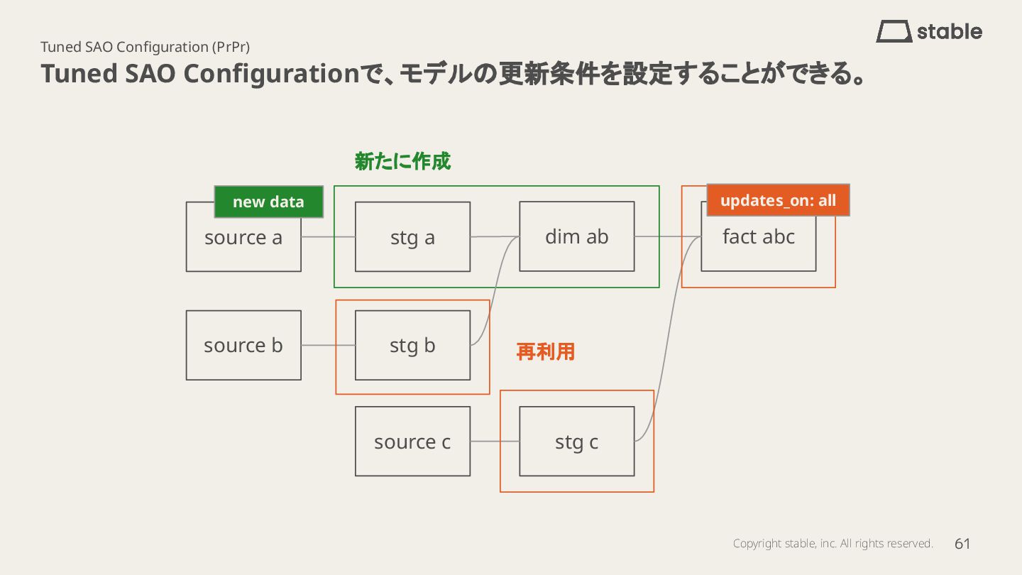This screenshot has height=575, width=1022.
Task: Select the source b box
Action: [243, 345]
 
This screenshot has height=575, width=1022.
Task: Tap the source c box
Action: [412, 442]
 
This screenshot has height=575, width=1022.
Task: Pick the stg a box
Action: [412, 237]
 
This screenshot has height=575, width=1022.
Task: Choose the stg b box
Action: [412, 345]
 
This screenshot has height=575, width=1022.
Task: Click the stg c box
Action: [576, 442]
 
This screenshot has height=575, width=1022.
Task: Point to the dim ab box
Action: [576, 236]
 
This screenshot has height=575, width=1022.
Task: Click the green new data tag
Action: [268, 202]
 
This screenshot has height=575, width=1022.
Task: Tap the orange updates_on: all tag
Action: [778, 200]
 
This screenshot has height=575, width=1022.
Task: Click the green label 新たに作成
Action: [402, 162]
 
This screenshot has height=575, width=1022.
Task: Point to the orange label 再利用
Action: [545, 351]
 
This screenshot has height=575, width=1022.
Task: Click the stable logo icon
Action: [894, 31]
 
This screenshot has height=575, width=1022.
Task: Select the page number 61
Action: [962, 544]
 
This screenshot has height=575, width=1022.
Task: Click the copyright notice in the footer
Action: [833, 544]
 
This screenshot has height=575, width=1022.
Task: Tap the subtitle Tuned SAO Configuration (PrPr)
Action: [145, 47]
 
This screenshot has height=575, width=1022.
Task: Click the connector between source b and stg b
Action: [328, 345]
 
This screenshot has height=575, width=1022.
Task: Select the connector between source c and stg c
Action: [495, 442]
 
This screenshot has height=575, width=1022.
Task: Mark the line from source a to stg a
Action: [328, 236]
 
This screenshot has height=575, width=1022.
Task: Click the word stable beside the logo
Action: [950, 31]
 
